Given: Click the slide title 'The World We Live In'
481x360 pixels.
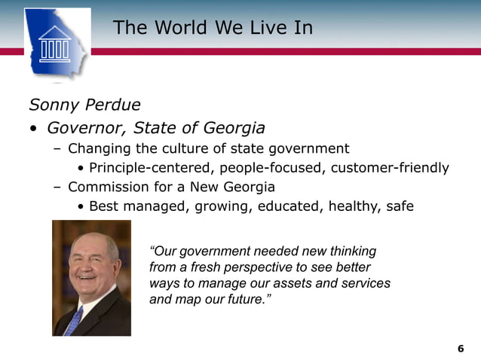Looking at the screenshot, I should (x=213, y=29).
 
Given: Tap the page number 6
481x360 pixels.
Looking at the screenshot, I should (x=461, y=348).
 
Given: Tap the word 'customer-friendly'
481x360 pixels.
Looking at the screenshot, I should (x=390, y=167).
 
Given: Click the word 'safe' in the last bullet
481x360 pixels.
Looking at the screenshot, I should (x=399, y=206).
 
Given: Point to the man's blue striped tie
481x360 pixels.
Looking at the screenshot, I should (x=74, y=320).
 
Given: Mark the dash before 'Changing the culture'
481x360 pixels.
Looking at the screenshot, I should (x=57, y=148).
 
